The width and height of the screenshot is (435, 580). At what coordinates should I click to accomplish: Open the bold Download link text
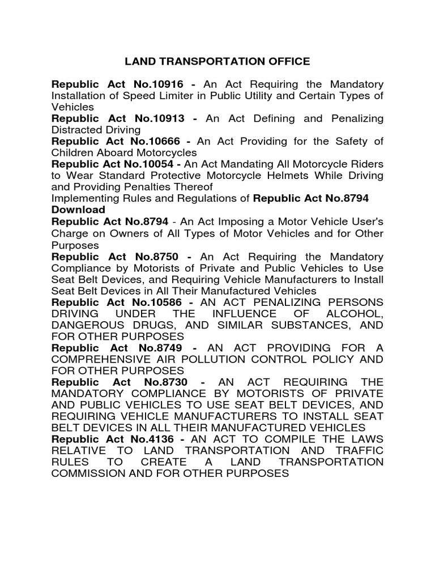coord(78,210)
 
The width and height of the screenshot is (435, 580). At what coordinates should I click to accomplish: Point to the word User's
coord(364,221)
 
